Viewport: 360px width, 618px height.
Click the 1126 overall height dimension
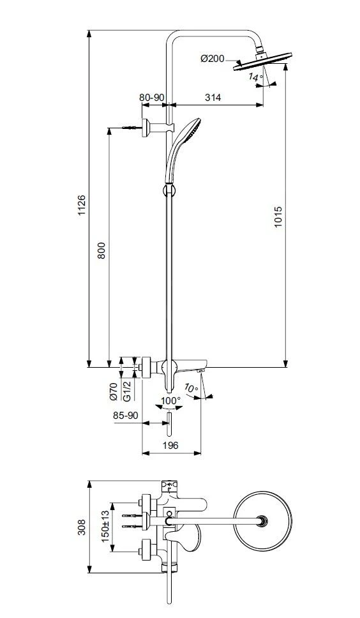point(82,206)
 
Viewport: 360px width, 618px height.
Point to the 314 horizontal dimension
point(213,98)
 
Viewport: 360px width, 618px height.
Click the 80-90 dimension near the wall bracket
point(152,98)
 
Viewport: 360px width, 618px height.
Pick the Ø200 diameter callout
point(212,59)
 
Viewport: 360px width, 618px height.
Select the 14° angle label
point(255,77)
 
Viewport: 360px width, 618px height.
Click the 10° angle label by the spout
point(191,388)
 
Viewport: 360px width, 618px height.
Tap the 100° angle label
point(170,400)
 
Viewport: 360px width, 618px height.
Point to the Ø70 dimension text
point(113,391)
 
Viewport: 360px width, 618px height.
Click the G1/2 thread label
point(126,391)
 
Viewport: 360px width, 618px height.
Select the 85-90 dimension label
point(125,415)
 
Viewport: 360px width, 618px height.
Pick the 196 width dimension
point(170,445)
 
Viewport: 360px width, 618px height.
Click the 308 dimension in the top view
point(82,525)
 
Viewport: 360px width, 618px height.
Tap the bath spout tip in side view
point(201,370)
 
